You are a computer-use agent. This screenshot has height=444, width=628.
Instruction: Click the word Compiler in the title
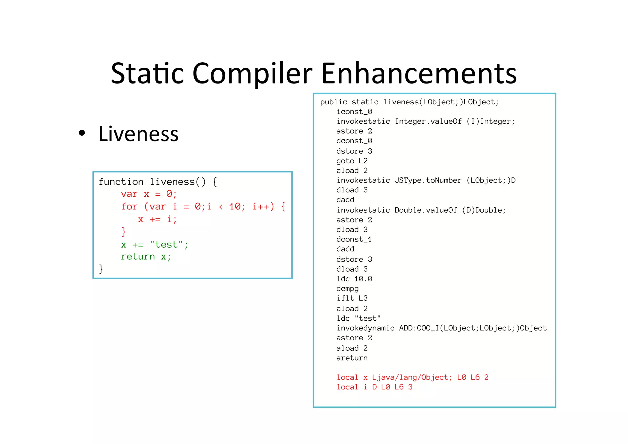tap(252, 74)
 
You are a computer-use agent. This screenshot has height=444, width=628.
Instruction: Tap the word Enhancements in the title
tap(419, 74)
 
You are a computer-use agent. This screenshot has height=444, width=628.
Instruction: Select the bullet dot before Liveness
tap(82, 133)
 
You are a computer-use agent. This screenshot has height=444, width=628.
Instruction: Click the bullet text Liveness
tap(138, 134)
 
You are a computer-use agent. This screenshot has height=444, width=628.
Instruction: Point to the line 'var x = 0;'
tap(149, 194)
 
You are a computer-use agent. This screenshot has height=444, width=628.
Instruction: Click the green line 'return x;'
tap(146, 257)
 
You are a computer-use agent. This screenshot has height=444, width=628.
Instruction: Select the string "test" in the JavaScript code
tap(167, 245)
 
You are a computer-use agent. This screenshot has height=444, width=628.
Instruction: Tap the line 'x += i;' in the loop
tap(157, 219)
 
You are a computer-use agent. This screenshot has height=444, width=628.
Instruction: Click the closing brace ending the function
tap(101, 269)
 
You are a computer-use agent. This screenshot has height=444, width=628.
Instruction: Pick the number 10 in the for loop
tap(235, 207)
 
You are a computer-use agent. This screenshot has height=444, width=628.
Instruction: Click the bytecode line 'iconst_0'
tap(354, 112)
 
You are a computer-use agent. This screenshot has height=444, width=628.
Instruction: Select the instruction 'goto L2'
tap(352, 161)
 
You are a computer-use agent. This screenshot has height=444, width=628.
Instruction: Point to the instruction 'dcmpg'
tap(347, 288)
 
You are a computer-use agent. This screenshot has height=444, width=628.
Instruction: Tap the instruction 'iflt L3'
tap(352, 298)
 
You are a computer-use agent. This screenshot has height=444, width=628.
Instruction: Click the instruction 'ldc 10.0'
tap(354, 279)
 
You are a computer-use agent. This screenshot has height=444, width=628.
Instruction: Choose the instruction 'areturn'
tap(352, 358)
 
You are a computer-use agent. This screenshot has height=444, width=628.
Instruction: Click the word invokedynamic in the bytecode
tap(365, 328)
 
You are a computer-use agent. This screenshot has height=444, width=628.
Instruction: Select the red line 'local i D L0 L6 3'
tap(374, 387)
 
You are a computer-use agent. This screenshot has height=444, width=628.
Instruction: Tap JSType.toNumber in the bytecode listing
tap(428, 180)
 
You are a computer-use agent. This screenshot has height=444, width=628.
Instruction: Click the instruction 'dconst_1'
tap(354, 239)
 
